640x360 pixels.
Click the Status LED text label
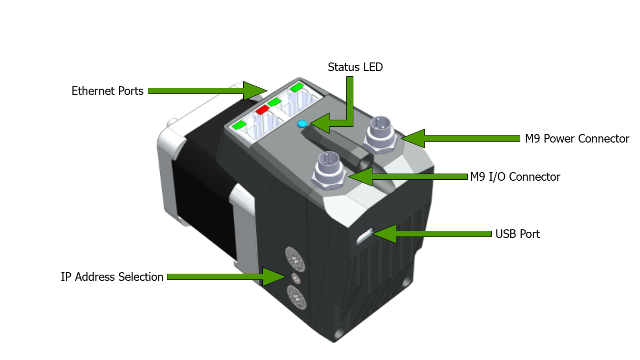pyautogui.click(x=355, y=67)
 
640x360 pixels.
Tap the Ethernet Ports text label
pyautogui.click(x=107, y=91)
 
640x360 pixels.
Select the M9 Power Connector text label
pyautogui.click(x=577, y=139)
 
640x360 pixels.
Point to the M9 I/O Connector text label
pyautogui.click(x=515, y=177)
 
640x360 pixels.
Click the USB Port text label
pyautogui.click(x=517, y=234)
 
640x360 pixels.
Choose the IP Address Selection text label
pyautogui.click(x=112, y=277)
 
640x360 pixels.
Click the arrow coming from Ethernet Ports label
pyautogui.click(x=205, y=91)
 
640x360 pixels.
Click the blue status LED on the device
pyautogui.click(x=302, y=124)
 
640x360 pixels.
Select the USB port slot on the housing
pyautogui.click(x=364, y=236)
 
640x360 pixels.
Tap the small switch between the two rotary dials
pyautogui.click(x=296, y=278)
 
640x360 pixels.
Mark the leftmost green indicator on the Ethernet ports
pyautogui.click(x=239, y=125)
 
